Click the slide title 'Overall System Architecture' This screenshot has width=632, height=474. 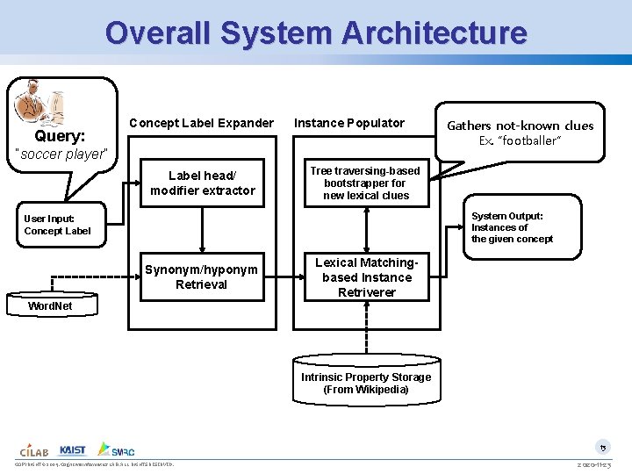(316, 33)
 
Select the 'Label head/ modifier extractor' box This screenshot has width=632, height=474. (203, 183)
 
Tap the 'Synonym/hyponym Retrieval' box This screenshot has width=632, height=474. (202, 277)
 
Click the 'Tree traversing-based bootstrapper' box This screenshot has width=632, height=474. (366, 183)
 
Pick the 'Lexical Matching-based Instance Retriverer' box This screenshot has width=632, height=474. (366, 277)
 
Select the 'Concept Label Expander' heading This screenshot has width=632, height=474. (201, 123)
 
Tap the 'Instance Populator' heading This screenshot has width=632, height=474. (349, 123)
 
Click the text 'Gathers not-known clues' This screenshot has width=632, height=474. (521, 126)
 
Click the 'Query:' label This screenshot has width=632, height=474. (60, 136)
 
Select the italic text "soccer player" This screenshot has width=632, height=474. (62, 154)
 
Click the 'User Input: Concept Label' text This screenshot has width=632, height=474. (57, 225)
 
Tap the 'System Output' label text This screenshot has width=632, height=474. (507, 216)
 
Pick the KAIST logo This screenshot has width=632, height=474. (73, 449)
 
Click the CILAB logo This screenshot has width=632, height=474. (34, 449)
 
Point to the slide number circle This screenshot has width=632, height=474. (603, 447)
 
